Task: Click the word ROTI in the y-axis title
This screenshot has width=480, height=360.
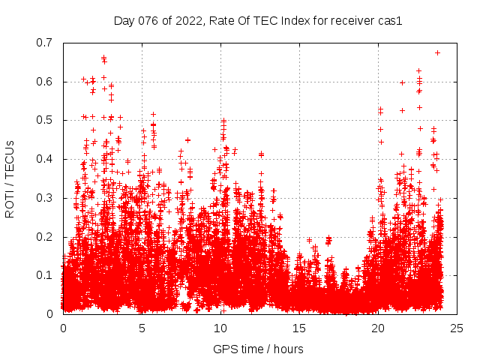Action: pos(9,203)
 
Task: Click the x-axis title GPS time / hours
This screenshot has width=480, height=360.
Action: pos(258,349)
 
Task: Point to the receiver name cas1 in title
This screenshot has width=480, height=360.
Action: pos(390,21)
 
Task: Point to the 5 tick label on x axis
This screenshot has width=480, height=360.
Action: pos(142,328)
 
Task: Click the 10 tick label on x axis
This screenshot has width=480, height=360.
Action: pos(220,328)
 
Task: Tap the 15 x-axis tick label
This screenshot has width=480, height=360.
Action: pos(299,328)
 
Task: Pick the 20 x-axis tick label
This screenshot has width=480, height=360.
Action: pos(378,328)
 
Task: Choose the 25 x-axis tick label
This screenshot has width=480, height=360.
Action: pos(457,328)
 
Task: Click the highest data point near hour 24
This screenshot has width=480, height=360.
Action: pos(437,52)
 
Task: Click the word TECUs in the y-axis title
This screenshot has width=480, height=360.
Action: pos(9,158)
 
